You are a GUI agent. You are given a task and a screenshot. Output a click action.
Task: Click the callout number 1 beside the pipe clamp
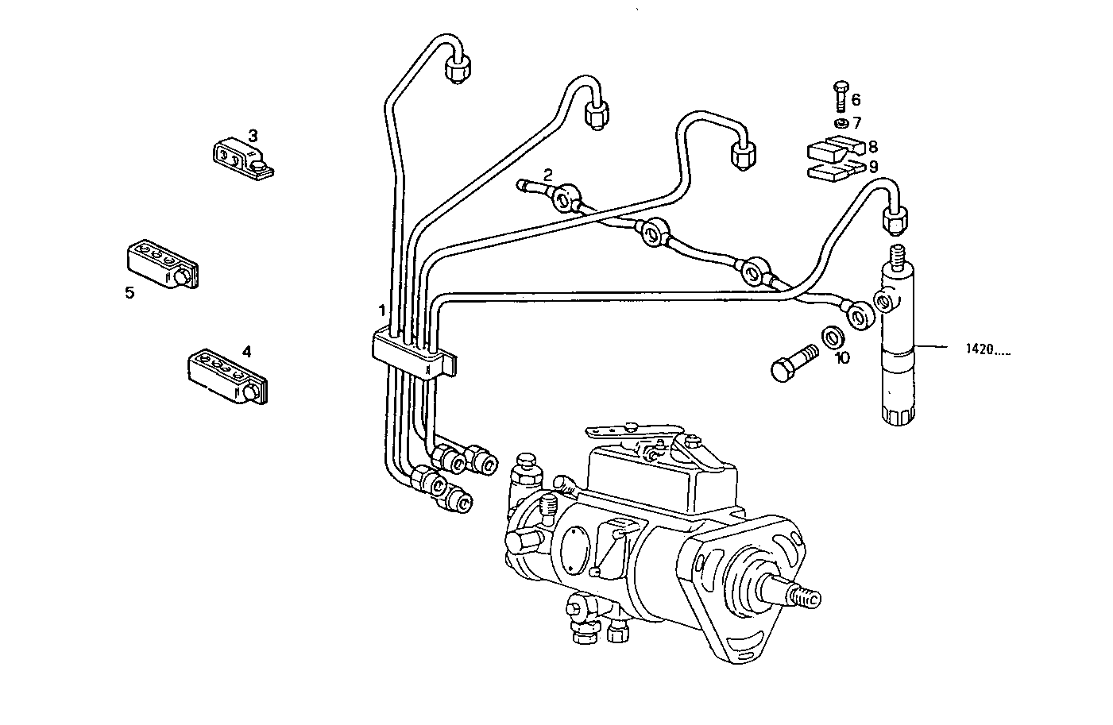coord(382,309)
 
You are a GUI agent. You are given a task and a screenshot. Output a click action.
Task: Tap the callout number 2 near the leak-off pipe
coord(548,173)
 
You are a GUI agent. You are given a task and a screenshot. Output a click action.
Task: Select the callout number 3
coord(253,134)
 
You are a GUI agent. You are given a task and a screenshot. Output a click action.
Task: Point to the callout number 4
coord(246,349)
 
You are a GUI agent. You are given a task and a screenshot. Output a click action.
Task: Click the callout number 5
coord(129,292)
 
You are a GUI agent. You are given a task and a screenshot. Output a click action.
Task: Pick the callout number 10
coord(842,358)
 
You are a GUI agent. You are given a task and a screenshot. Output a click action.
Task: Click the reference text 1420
coord(988,348)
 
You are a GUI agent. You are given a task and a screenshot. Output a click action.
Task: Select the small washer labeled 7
coord(841,123)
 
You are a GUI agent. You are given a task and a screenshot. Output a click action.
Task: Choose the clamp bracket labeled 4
coord(226,376)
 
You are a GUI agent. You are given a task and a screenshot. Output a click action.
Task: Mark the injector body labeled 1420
coord(899,349)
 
